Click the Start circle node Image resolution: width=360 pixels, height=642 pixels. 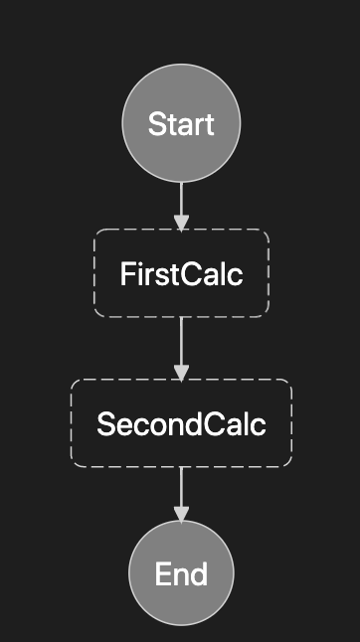[181, 124]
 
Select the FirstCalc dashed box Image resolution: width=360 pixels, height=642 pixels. [181, 273]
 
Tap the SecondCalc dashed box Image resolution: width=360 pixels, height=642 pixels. [181, 424]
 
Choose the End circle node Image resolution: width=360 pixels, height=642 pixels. [181, 573]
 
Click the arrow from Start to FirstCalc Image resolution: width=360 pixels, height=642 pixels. [181, 204]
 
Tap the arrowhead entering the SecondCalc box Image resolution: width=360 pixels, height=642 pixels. [181, 371]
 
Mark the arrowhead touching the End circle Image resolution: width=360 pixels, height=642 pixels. [181, 513]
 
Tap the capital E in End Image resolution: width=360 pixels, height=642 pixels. [161, 574]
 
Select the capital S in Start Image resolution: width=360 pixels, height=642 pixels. [155, 125]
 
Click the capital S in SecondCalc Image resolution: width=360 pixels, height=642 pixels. [104, 424]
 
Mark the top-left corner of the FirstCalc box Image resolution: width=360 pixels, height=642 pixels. [96, 232]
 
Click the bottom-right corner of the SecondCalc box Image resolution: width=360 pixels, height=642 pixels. [289, 465]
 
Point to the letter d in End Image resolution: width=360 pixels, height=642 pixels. [200, 574]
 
